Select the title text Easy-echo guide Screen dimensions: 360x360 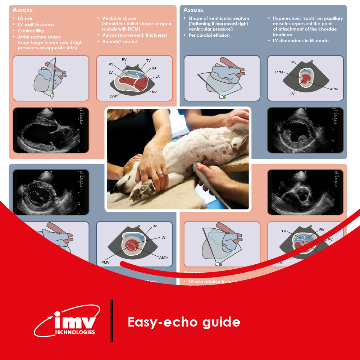click(x=184, y=322)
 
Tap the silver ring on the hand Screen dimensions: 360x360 click(x=160, y=173)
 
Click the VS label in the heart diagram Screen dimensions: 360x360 click(x=111, y=64)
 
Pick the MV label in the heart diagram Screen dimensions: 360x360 click(x=154, y=92)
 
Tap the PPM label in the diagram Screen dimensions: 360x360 click(x=279, y=72)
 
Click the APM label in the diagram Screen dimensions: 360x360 click(x=333, y=88)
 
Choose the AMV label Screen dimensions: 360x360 click(x=164, y=258)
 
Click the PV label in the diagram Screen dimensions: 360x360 click(x=330, y=240)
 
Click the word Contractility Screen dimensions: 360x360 click(x=31, y=31)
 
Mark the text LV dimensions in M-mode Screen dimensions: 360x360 click(x=301, y=41)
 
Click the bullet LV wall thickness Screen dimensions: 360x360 click(x=36, y=24)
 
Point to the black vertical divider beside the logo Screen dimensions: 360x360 click(x=112, y=320)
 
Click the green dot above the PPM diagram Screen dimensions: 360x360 click(x=312, y=61)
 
